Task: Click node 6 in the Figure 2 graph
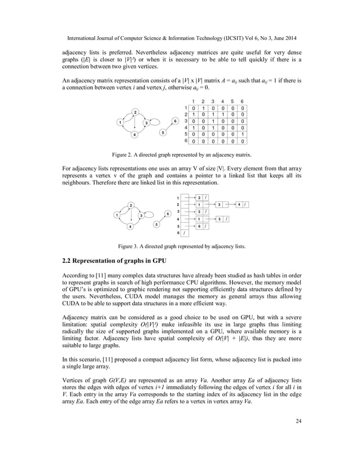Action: pos(175,121)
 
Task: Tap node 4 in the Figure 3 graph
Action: pos(130,227)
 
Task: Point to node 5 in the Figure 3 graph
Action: pos(156,224)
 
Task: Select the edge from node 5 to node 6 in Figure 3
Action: pos(162,219)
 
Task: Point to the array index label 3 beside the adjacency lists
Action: pos(178,212)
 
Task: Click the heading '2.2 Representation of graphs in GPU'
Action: pos(114,261)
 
